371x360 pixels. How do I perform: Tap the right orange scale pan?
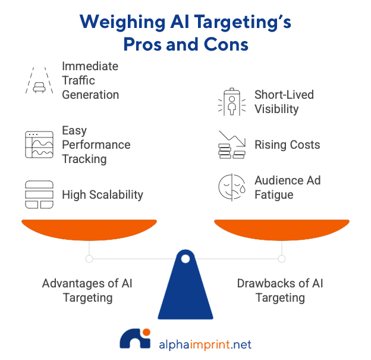click(x=281, y=230)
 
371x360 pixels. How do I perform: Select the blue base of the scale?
click(x=185, y=286)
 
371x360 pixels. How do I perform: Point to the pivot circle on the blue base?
click(x=185, y=259)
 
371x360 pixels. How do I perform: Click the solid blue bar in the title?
click(x=185, y=40)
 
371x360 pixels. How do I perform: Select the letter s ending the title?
click(x=288, y=23)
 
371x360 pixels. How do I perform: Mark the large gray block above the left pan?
click(x=83, y=134)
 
